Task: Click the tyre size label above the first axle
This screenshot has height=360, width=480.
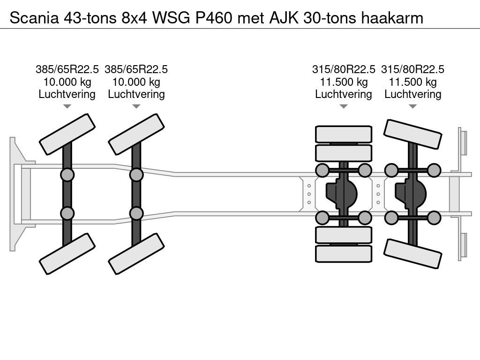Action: point(67,70)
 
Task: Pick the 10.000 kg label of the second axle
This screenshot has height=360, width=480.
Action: point(136,82)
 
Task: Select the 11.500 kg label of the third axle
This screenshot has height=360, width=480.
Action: point(344,82)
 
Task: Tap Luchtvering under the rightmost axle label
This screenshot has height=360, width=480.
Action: point(413,94)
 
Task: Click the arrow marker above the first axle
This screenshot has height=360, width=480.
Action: point(67,106)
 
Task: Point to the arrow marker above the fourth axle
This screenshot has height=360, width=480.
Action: point(413,106)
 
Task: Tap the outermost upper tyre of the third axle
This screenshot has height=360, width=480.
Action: point(344,134)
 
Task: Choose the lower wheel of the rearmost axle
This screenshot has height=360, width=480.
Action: point(412,253)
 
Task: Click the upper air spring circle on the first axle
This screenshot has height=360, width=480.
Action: point(67,175)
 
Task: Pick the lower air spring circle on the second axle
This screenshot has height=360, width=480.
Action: point(136,213)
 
